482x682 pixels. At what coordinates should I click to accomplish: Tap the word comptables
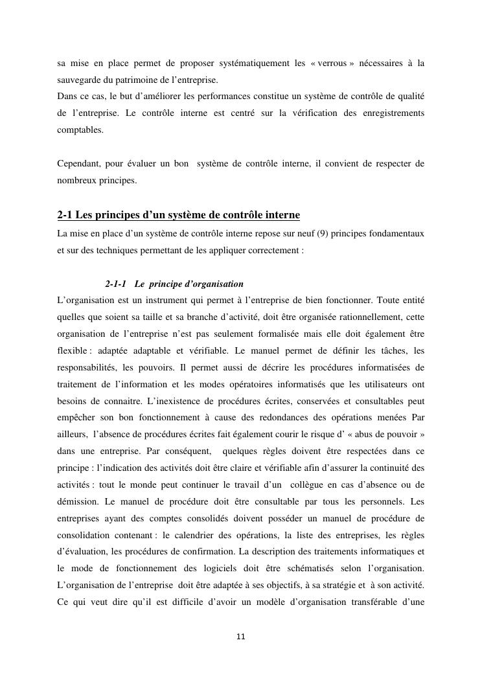[x=80, y=130]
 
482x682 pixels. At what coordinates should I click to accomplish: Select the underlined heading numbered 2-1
[x=178, y=215]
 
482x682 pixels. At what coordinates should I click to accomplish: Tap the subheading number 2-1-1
[x=115, y=284]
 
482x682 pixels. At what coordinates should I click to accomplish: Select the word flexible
[x=71, y=350]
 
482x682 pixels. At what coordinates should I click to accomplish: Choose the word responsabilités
[x=88, y=367]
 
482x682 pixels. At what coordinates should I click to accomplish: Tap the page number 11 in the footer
[x=241, y=637]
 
